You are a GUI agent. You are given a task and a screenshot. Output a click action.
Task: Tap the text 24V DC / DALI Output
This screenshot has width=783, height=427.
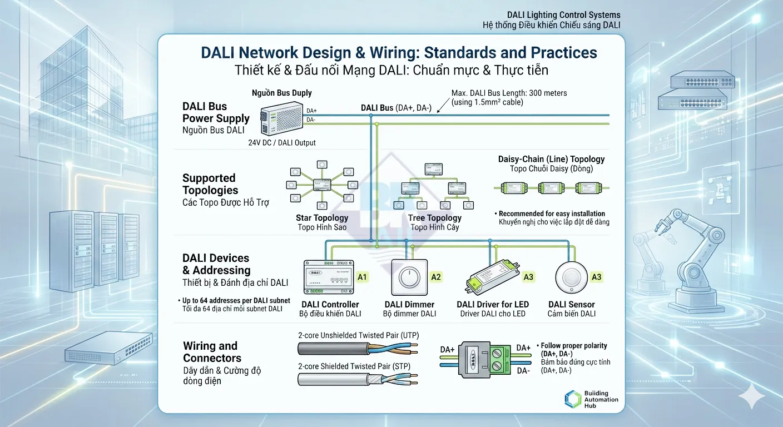pos(282,143)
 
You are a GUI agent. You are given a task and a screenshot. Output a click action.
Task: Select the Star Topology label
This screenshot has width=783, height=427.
pos(323,218)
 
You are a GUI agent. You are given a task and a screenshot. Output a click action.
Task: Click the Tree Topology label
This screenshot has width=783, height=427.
pos(434,218)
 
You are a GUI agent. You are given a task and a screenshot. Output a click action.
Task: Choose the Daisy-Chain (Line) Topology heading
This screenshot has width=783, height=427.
pos(551,159)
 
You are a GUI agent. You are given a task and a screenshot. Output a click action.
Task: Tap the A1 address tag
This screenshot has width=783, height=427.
pos(363,276)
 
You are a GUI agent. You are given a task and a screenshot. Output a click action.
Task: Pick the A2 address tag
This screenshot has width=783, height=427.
pos(436,277)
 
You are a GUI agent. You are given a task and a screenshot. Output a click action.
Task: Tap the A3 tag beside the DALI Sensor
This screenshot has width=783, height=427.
pos(596,277)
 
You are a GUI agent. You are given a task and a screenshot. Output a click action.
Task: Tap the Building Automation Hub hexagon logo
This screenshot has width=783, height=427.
pos(573,399)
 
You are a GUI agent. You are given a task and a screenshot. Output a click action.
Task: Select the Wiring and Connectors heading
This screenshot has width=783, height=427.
pos(212,352)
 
